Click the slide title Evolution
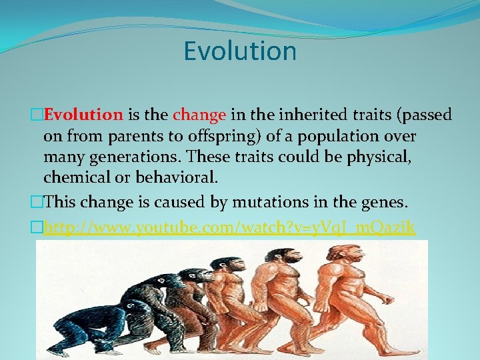click(x=240, y=51)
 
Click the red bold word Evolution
click(x=83, y=115)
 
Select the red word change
click(x=199, y=115)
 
